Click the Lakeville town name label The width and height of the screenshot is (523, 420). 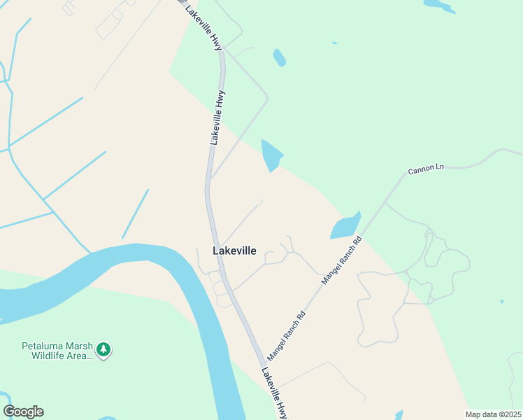tap(234, 251)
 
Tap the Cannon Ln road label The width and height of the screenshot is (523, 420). tap(427, 170)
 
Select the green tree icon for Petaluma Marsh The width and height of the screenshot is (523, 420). tap(103, 349)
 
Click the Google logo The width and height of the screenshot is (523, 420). tap(23, 412)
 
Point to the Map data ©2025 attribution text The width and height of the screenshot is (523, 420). tap(493, 414)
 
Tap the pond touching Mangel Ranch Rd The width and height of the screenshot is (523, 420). tap(345, 227)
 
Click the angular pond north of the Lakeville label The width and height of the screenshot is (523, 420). tap(271, 155)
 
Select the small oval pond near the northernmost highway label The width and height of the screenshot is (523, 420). tap(279, 57)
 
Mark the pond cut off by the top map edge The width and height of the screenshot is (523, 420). tap(439, 6)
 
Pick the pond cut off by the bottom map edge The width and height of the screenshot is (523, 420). tap(399, 415)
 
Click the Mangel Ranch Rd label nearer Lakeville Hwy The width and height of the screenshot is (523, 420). tap(286, 335)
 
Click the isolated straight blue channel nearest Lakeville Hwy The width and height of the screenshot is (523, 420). tap(135, 213)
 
